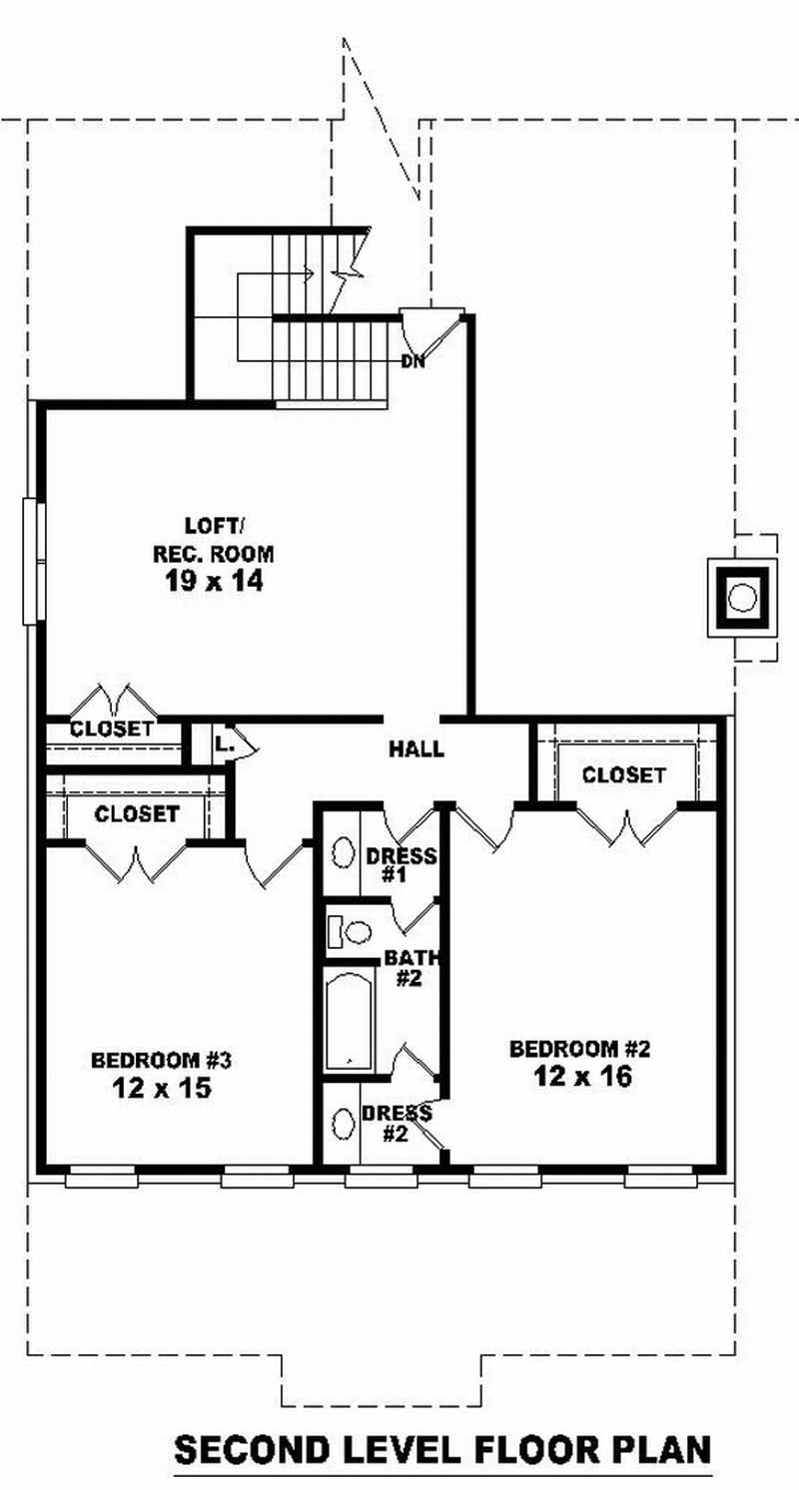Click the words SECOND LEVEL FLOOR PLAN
tap(442, 1449)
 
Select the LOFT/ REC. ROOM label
tap(213, 539)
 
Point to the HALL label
tap(416, 749)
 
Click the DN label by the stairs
tap(413, 361)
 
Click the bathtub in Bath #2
tap(349, 1021)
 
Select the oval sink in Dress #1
tap(343, 854)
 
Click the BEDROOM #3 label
tap(162, 1059)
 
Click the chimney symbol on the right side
tap(740, 598)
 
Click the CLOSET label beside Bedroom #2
tap(623, 774)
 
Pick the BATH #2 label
tap(405, 968)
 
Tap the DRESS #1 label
tap(400, 864)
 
